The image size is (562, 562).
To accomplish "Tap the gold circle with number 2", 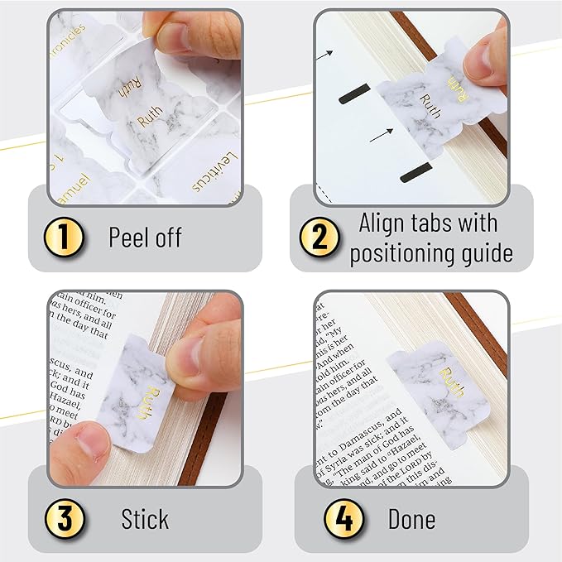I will [319, 238].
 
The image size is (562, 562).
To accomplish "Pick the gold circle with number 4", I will [342, 519].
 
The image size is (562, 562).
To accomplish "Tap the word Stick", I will [145, 519].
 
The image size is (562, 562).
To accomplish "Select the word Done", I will [411, 519].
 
